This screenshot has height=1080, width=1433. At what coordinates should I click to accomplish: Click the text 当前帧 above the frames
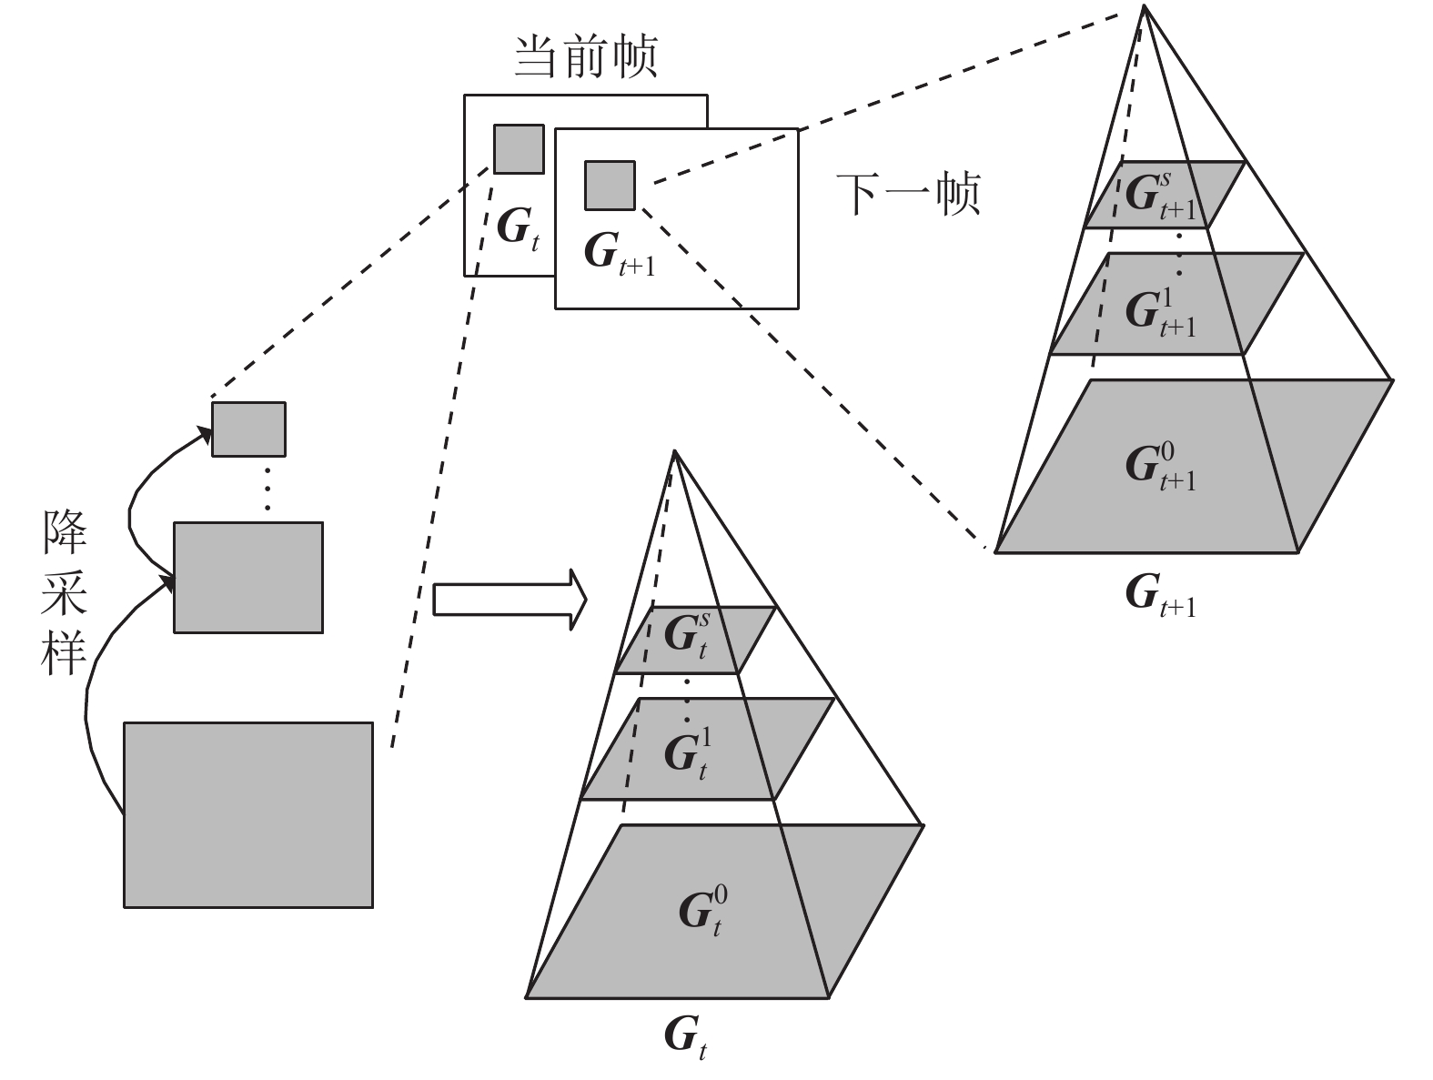pos(585,57)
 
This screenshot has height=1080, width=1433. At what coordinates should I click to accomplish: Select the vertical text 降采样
pos(64,592)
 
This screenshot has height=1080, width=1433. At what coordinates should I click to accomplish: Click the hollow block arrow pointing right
pos(509,600)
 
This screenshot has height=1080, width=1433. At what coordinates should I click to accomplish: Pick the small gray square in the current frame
pos(519,148)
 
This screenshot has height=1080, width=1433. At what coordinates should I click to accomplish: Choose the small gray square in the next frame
pos(610,184)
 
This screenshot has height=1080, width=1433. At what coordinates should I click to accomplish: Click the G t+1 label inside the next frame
pos(619,251)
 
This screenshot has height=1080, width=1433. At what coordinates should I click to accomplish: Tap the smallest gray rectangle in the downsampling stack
pos(248,429)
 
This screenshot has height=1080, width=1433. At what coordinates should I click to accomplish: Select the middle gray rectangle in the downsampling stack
pos(247,577)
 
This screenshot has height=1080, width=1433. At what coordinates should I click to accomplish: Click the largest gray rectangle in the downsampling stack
pos(247,814)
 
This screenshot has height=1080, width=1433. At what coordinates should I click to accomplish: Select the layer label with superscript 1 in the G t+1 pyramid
pos(1161,313)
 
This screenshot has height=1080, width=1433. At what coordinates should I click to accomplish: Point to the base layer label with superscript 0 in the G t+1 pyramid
pos(1161,466)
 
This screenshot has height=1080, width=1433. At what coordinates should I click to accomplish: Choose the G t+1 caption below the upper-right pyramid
pos(1161,595)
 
